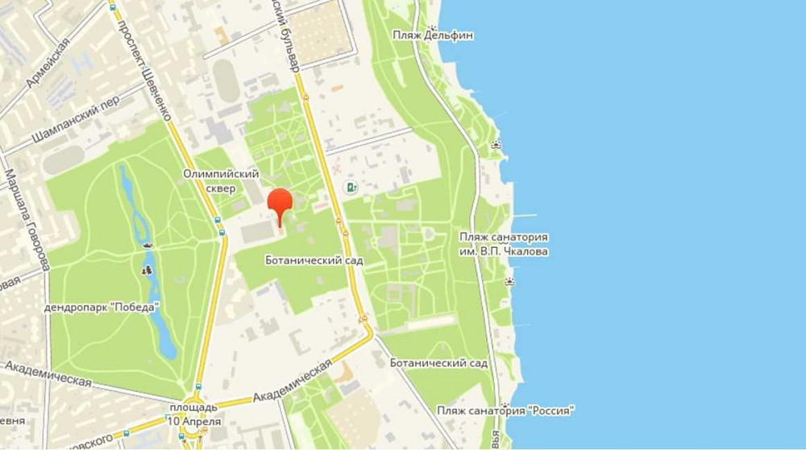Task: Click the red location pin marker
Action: tap(280, 204)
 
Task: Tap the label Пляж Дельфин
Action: tap(432, 35)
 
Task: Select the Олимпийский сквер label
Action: tap(220, 181)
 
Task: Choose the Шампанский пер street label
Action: tap(76, 121)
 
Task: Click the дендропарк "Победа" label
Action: tap(102, 306)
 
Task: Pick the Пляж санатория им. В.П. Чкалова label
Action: tap(504, 244)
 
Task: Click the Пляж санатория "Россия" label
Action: tap(505, 411)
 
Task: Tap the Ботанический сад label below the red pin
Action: tap(314, 261)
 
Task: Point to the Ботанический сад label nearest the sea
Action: tap(438, 363)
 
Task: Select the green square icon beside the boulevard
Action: tap(351, 188)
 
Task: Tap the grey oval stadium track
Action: tap(226, 81)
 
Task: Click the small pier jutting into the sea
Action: tap(524, 215)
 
